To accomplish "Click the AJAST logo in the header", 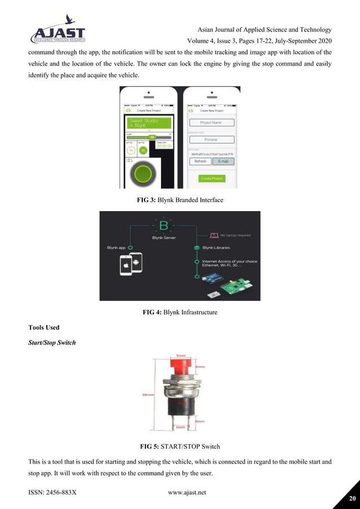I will [x=58, y=34].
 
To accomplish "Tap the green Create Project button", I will [x=211, y=178].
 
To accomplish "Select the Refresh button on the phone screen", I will [x=200, y=161].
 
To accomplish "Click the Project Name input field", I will [x=212, y=122].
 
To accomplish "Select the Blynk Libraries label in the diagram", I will [x=216, y=248].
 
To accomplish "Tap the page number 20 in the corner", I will [x=353, y=499].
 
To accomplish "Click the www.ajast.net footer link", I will [x=187, y=493].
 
